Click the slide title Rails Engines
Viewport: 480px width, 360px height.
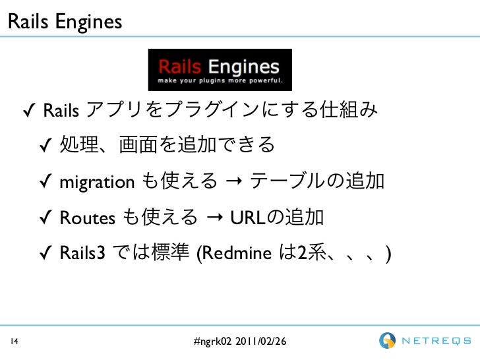[x=65, y=21]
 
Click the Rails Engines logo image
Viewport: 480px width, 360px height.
[x=219, y=70]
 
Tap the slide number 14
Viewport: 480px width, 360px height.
[x=13, y=342]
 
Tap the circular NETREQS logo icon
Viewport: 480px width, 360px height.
[x=387, y=341]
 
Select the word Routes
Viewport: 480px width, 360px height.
[x=88, y=218]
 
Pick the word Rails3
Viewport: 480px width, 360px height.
[x=82, y=253]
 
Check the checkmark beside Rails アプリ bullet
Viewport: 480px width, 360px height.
[x=29, y=109]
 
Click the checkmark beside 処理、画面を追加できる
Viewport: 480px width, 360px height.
[x=45, y=146]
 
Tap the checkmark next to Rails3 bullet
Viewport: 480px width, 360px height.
[x=45, y=253]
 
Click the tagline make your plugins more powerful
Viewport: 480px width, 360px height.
[x=220, y=82]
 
